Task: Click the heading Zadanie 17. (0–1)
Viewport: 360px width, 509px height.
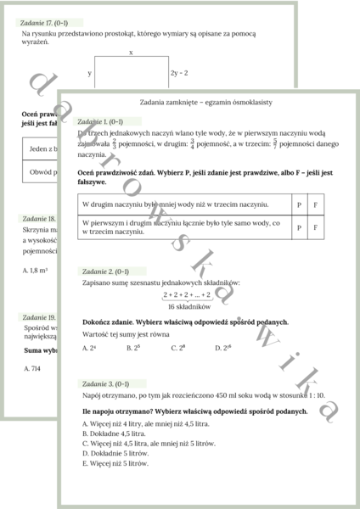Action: click(47, 23)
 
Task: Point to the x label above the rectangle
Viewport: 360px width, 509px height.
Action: click(131, 53)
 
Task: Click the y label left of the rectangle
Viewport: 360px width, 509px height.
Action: click(89, 73)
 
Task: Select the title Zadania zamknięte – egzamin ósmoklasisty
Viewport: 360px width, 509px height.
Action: click(205, 101)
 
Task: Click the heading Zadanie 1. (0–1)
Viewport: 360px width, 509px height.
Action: click(101, 122)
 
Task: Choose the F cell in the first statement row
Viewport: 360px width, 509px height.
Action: click(316, 205)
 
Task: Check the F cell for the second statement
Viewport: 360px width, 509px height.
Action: click(316, 227)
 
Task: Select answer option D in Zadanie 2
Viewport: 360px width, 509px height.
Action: click(224, 348)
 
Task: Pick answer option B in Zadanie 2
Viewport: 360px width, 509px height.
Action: click(132, 348)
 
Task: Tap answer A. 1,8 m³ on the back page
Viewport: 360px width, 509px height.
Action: click(35, 270)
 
